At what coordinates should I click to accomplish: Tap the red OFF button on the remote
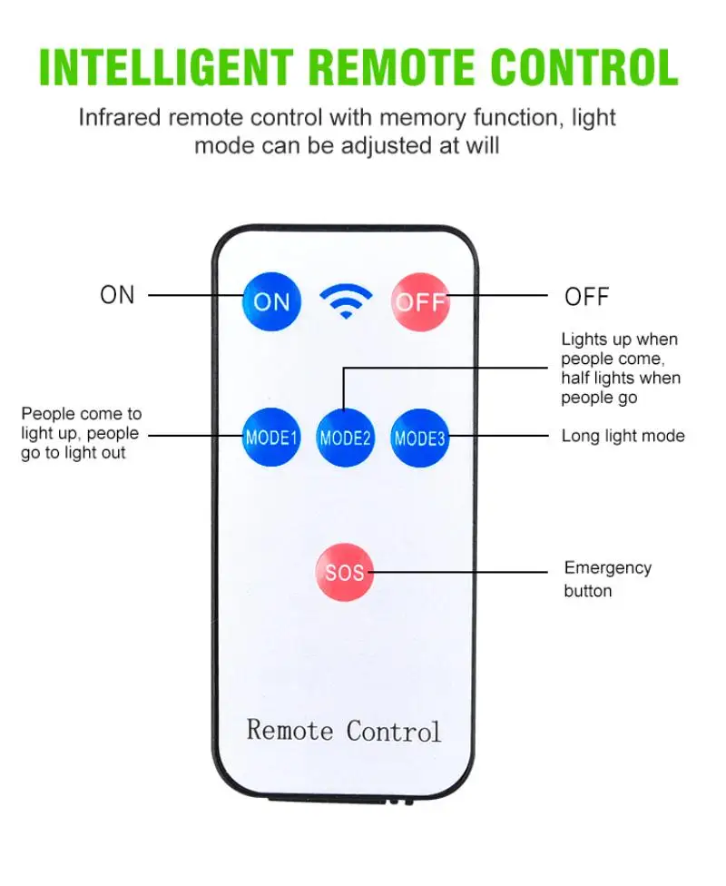point(420,300)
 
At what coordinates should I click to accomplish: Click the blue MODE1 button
point(271,438)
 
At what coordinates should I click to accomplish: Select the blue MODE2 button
point(345,438)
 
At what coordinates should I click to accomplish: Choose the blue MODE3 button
point(419,438)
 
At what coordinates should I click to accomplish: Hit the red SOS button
point(345,572)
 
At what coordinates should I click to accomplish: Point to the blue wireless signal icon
point(345,300)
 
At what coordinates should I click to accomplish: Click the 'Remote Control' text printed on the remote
point(344,730)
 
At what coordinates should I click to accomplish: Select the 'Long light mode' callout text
point(623,436)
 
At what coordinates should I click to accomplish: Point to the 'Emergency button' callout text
point(607,579)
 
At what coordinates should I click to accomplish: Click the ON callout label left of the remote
point(117,295)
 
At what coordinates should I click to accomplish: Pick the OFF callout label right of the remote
point(587,296)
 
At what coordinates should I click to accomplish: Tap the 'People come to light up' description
point(82,433)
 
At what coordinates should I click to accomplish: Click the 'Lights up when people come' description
point(620,368)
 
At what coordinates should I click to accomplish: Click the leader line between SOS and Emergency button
point(463,572)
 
